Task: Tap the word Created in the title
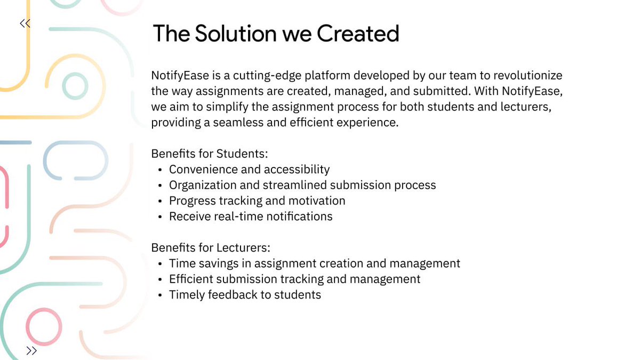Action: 358,34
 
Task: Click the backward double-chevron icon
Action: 25,23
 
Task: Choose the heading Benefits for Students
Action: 209,154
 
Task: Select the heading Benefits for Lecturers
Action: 211,248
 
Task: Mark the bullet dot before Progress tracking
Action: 161,201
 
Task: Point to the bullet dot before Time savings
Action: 161,263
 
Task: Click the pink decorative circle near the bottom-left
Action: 41,326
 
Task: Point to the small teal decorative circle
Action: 75,85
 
